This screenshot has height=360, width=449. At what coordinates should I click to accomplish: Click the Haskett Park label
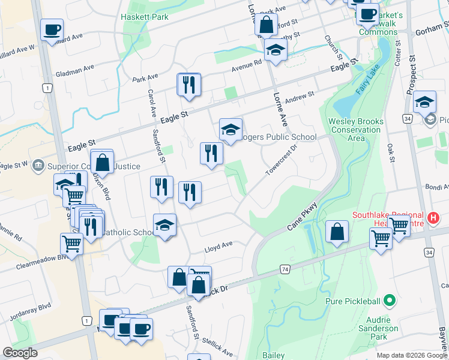[144, 17]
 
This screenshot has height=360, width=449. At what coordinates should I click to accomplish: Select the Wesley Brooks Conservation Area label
[356, 130]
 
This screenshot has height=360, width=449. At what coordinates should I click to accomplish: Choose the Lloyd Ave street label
[219, 245]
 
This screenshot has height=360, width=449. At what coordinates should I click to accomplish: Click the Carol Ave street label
[152, 103]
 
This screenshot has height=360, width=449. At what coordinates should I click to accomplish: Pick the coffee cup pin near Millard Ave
[52, 29]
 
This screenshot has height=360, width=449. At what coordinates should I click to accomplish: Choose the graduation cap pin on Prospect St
[424, 102]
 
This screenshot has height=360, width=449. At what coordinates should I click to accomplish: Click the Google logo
[20, 353]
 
